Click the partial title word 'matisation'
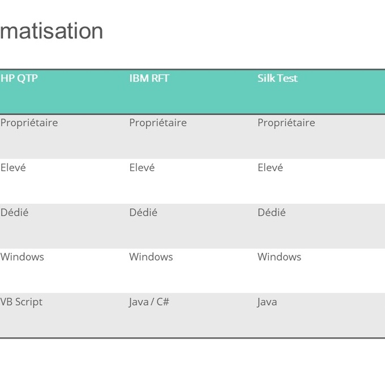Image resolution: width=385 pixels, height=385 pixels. [x=52, y=31]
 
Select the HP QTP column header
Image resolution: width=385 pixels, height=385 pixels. [x=19, y=78]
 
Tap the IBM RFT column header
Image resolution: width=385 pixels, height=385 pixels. [x=149, y=78]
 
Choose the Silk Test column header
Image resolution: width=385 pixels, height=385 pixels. [x=277, y=78]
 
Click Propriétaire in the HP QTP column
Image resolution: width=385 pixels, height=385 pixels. [x=29, y=123]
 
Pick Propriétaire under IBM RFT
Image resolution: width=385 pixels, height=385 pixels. [x=158, y=123]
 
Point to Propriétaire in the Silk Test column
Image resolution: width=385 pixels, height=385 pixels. [x=286, y=123]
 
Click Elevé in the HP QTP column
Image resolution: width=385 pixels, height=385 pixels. [x=13, y=168]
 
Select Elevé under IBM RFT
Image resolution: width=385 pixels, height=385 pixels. [x=142, y=168]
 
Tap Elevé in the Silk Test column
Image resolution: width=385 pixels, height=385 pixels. [x=270, y=168]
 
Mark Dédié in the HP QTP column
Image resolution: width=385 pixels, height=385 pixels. [x=14, y=212]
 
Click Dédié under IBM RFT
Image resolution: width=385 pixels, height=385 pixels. [x=143, y=212]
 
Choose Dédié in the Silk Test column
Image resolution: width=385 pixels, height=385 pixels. [x=272, y=212]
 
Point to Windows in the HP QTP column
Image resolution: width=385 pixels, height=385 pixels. [x=22, y=257]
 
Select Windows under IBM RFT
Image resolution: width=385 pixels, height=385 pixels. [x=151, y=257]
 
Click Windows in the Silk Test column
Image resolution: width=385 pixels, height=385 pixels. [x=280, y=257]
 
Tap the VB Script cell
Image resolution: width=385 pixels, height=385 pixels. [x=22, y=302]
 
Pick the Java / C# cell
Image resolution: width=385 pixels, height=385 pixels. [x=149, y=302]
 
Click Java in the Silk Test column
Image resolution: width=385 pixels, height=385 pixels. [x=267, y=302]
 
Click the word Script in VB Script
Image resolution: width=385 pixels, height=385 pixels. [x=29, y=302]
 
